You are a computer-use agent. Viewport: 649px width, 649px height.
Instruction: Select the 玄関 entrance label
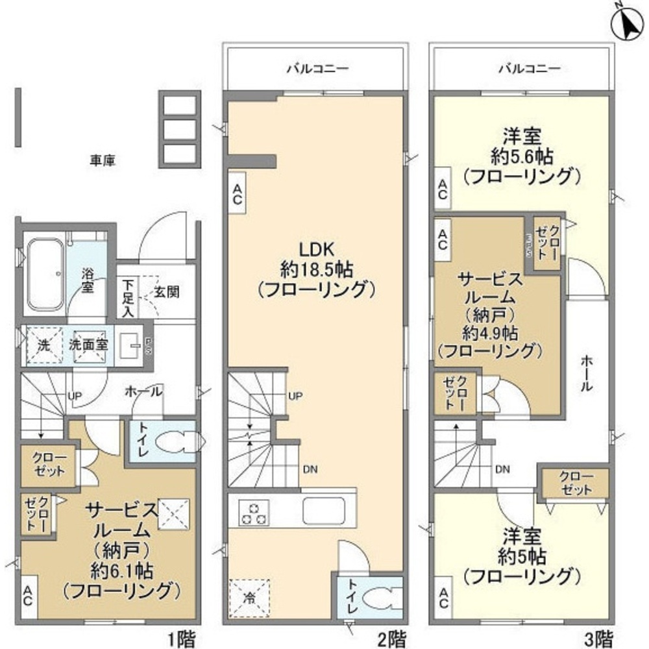(x=167, y=291)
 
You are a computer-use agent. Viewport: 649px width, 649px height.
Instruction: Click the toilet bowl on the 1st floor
(x=178, y=441)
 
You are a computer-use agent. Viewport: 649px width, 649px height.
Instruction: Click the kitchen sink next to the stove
(x=326, y=509)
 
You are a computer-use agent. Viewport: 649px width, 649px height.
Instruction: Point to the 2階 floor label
(x=392, y=639)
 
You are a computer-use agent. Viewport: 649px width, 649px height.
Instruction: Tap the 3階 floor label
(x=600, y=639)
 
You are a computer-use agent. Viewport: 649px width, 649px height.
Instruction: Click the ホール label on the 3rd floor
(x=585, y=373)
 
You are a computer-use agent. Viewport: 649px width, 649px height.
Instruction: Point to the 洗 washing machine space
(x=42, y=346)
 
